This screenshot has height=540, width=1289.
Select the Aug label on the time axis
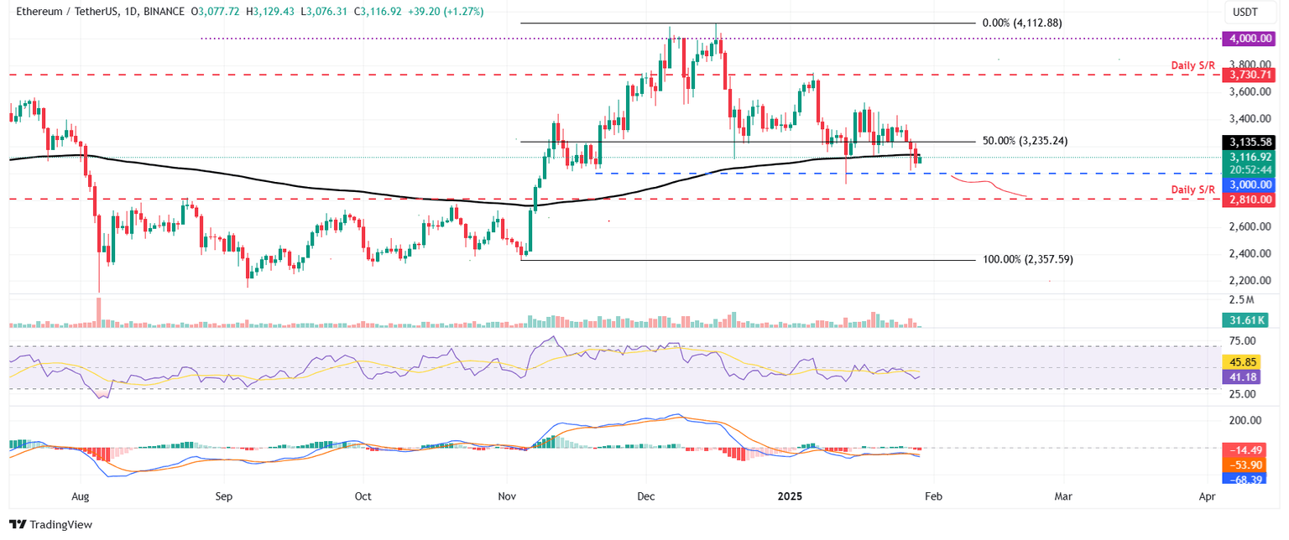click(80, 496)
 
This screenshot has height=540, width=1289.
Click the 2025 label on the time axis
click(789, 496)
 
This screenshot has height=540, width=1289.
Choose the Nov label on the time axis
click(507, 496)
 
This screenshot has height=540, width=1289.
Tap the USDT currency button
click(1244, 12)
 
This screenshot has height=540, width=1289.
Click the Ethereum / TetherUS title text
click(59, 11)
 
